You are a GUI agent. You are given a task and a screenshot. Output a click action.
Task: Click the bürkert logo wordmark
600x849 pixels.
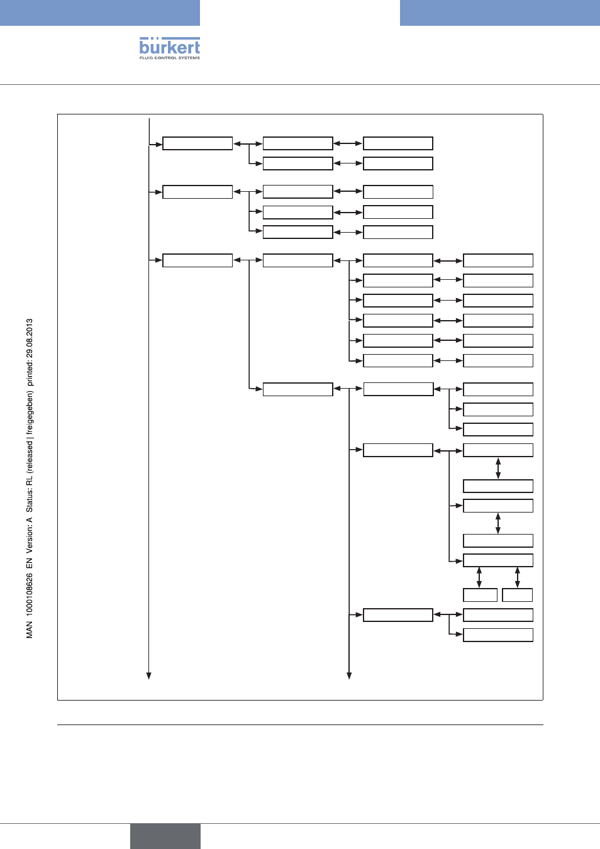(x=169, y=46)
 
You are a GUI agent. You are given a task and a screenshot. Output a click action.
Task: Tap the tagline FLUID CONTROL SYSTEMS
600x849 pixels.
(x=169, y=58)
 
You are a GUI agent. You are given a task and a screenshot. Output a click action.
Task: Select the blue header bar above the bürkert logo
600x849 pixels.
(x=99, y=13)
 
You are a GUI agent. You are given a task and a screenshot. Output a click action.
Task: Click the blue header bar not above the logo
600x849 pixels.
(x=500, y=13)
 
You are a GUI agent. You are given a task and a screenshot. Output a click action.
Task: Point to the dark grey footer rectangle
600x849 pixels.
(x=165, y=836)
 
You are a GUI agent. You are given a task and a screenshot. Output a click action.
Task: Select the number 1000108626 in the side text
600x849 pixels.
(x=30, y=594)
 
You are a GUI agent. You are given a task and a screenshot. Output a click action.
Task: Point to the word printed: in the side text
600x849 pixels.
(x=30, y=374)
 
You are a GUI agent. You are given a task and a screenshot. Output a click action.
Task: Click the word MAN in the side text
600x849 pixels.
(x=30, y=630)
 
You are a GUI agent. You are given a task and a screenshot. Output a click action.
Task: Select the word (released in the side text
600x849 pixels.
(x=30, y=456)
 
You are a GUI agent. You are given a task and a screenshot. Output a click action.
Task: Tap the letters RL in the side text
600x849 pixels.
(x=30, y=480)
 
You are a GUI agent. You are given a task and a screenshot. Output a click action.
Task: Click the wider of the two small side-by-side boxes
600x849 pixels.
(x=481, y=595)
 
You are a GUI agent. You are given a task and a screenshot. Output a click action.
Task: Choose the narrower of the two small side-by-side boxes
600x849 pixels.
(x=518, y=595)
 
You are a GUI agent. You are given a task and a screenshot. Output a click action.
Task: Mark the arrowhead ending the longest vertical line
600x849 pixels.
(x=148, y=676)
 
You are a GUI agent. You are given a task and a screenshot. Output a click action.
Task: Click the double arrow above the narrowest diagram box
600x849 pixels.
(x=518, y=577)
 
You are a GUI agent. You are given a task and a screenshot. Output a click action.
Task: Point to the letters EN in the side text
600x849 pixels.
(x=30, y=563)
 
